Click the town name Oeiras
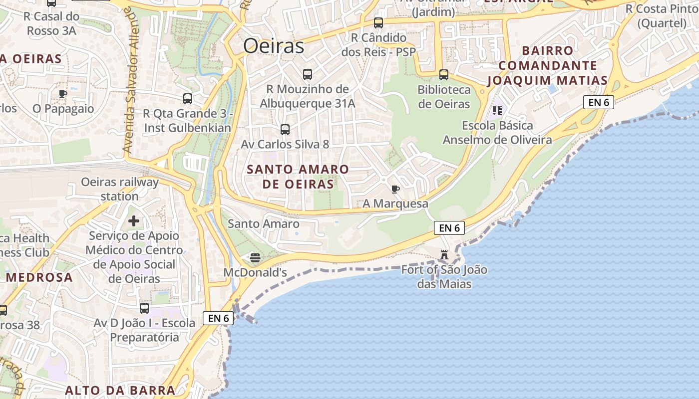click(x=274, y=46)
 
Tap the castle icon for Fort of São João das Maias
click(x=444, y=255)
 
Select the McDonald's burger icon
click(x=255, y=258)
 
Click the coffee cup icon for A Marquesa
click(x=395, y=189)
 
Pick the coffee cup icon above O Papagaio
click(x=63, y=94)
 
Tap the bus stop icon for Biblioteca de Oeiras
click(x=444, y=75)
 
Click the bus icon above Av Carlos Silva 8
click(x=285, y=130)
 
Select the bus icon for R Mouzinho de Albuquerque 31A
click(x=308, y=74)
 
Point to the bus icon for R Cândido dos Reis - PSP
click(x=378, y=23)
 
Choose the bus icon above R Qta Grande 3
click(x=188, y=99)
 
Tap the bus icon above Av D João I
click(x=144, y=308)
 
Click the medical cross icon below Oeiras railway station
click(x=134, y=220)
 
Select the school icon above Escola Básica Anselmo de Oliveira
click(x=497, y=110)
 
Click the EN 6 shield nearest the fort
click(x=449, y=228)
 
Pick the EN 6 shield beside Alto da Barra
click(x=218, y=318)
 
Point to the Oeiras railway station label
click(x=120, y=189)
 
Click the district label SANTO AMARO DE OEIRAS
click(x=298, y=177)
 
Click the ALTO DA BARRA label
click(x=120, y=390)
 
